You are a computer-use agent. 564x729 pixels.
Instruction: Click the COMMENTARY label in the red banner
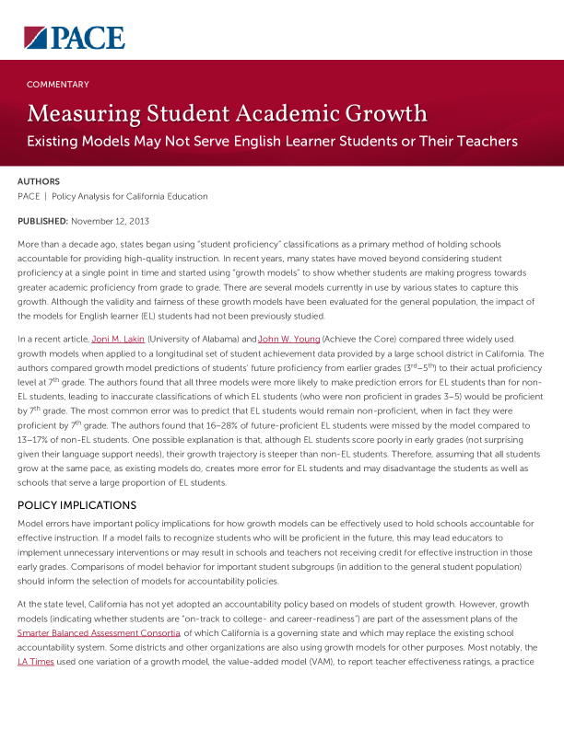[x=58, y=85]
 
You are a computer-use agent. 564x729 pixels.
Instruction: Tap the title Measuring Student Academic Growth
[x=227, y=114]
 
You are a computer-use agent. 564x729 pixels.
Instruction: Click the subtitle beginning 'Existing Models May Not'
[x=272, y=142]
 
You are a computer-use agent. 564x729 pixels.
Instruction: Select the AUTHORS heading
[x=39, y=182]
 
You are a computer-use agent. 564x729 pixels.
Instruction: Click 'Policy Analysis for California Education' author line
[x=130, y=196]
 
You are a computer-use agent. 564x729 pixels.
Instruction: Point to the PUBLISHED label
[x=42, y=222]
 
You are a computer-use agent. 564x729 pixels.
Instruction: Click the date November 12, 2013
[x=110, y=222]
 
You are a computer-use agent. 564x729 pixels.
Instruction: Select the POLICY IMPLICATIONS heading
[x=76, y=506]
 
